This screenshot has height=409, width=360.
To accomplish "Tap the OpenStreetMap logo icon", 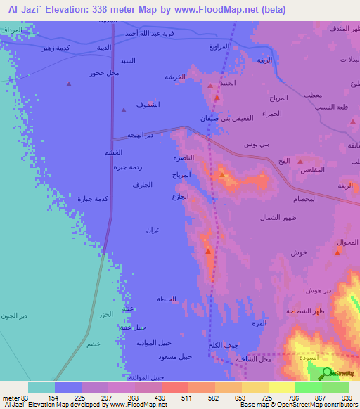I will pos(328,373).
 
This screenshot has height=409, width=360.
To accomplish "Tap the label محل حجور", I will pos(104,73).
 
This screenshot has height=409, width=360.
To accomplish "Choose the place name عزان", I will pos(153,231).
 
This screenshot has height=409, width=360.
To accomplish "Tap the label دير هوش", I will pos(319,290).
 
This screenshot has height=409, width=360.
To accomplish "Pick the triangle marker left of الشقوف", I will pos(124,110).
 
